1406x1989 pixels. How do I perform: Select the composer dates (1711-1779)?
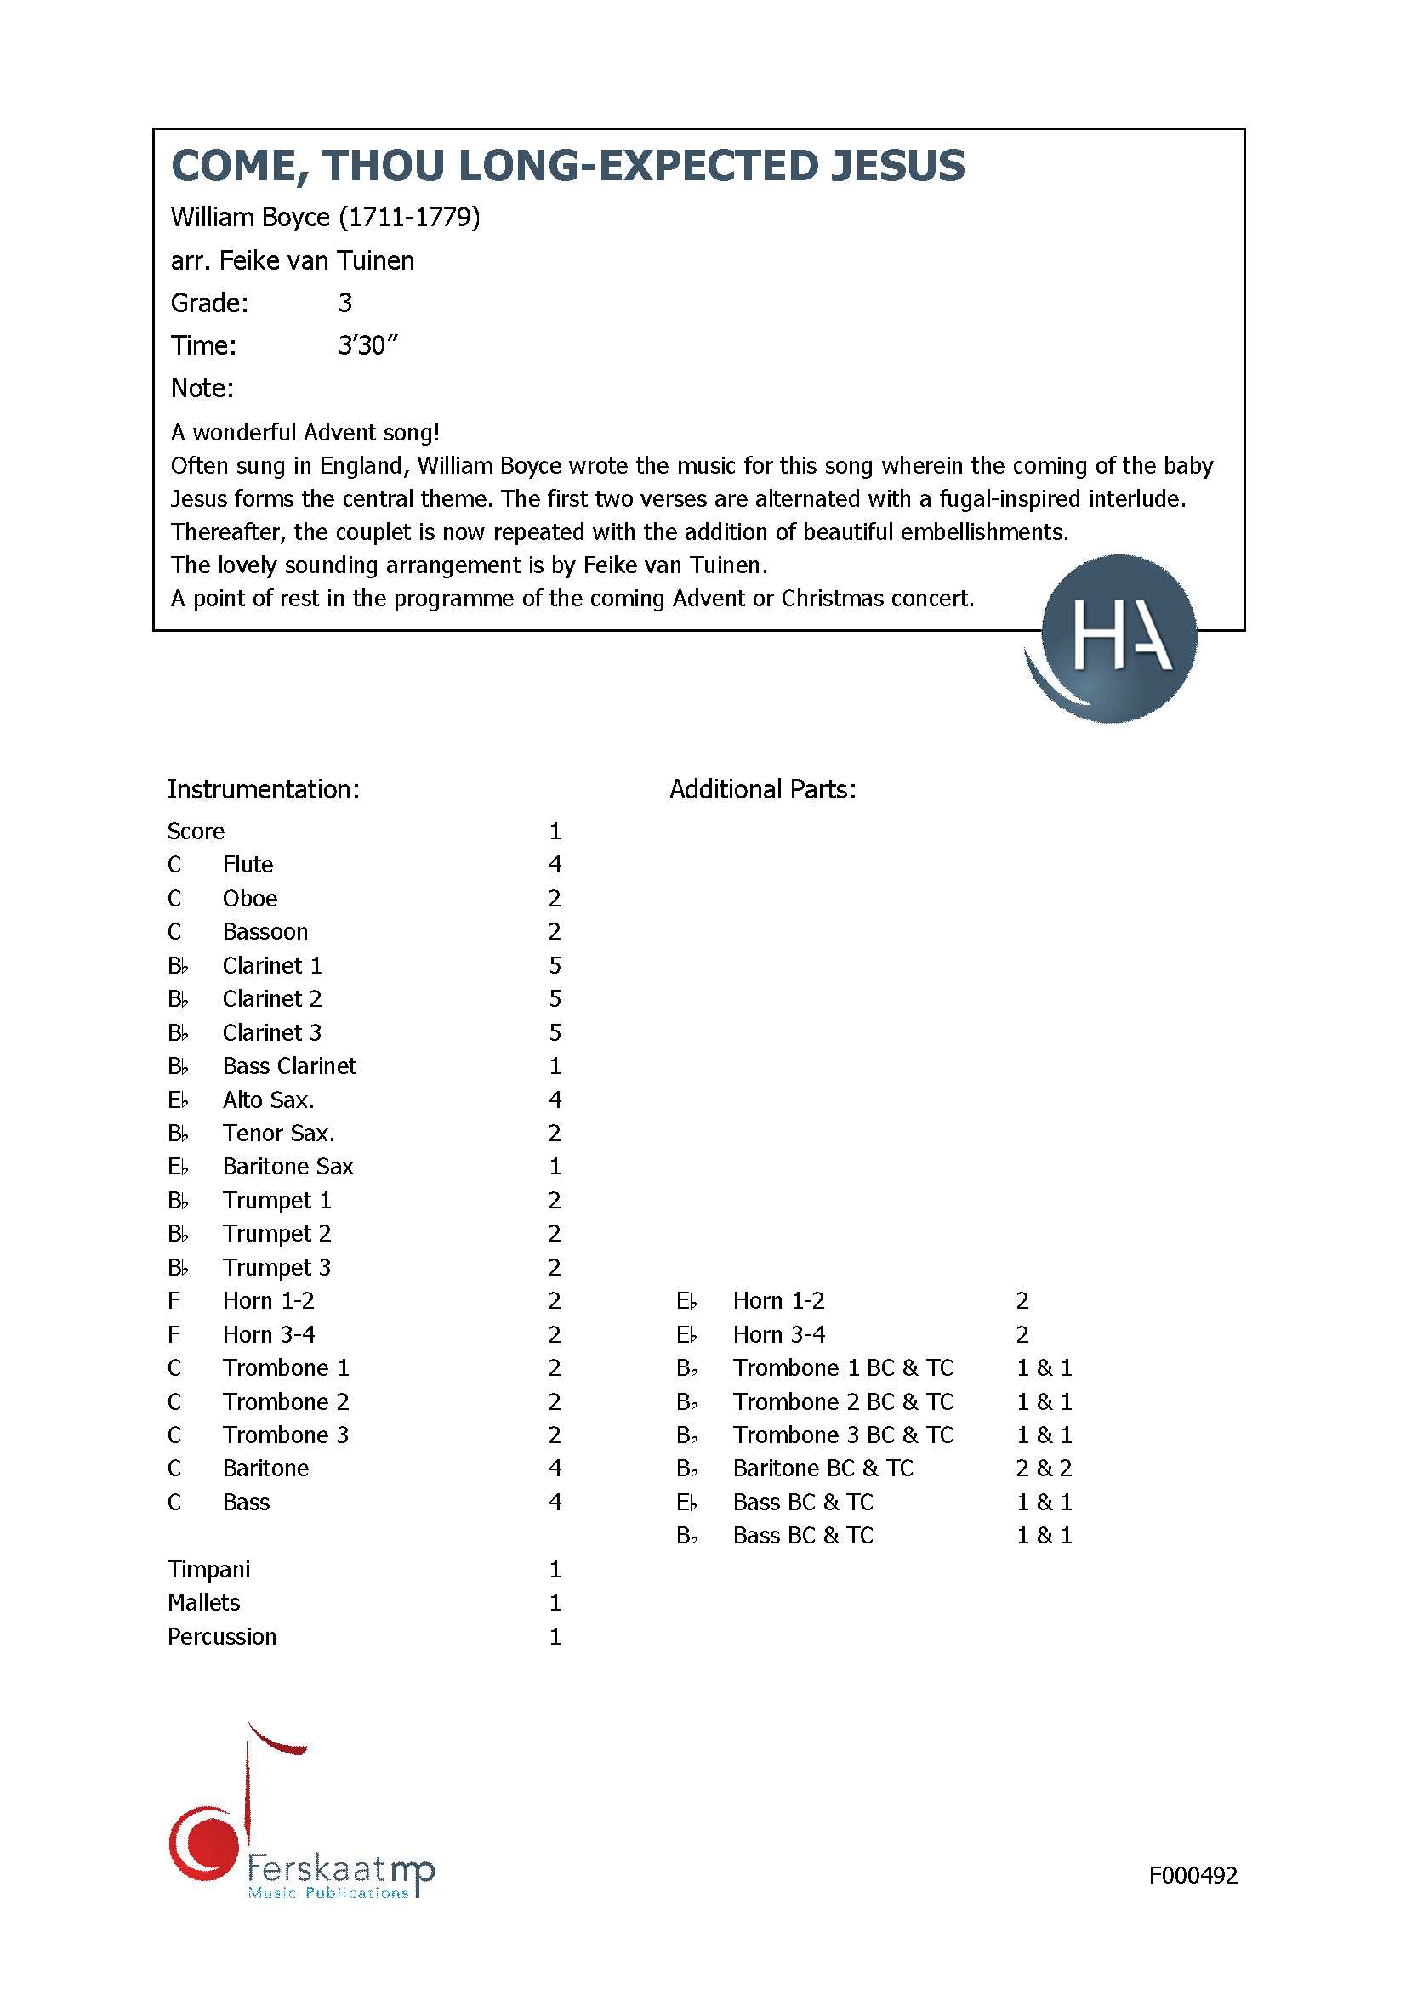point(409,217)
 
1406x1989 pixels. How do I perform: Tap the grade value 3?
point(344,303)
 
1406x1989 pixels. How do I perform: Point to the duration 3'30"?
point(367,344)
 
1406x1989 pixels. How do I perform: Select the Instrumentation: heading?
point(263,789)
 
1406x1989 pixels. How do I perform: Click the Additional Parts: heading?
point(762,789)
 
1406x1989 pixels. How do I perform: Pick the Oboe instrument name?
point(249,898)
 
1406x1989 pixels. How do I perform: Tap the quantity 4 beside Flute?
point(555,865)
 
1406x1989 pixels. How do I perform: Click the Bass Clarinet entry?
point(288,1066)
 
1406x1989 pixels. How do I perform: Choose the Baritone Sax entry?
point(287,1166)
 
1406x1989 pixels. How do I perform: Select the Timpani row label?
point(208,1569)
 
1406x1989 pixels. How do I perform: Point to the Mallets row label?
point(203,1603)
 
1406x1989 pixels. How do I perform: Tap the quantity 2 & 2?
point(1044,1469)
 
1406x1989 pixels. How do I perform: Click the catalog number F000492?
point(1192,1876)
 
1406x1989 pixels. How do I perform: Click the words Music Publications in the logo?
point(327,1893)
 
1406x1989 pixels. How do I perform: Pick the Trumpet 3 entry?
point(276,1267)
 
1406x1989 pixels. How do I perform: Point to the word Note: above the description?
point(202,387)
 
